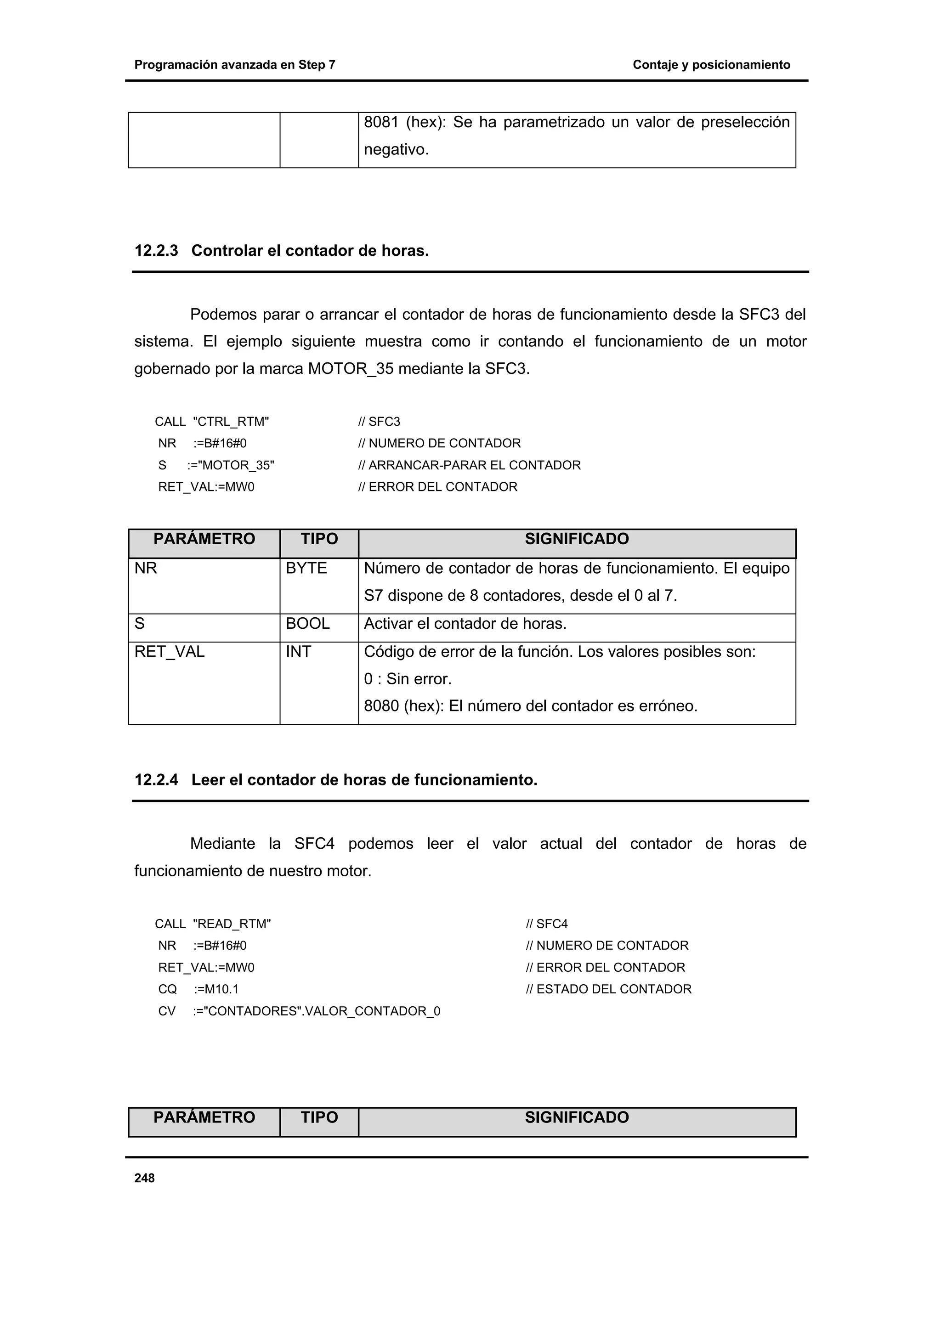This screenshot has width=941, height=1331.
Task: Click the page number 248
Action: [x=144, y=1178]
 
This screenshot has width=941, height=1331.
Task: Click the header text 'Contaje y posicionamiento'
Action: [x=711, y=65]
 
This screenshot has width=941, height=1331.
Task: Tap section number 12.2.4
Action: [x=156, y=780]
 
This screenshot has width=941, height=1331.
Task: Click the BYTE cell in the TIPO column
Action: [x=306, y=568]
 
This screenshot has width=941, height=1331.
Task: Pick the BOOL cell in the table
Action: [x=307, y=624]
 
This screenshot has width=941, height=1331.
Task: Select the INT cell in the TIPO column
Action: [x=298, y=652]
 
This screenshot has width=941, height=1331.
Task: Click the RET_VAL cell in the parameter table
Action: [x=169, y=652]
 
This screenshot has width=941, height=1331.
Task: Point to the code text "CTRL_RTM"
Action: [x=231, y=422]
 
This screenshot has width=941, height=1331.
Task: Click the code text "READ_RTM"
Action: [x=231, y=924]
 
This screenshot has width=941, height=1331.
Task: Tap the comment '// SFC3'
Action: [x=379, y=422]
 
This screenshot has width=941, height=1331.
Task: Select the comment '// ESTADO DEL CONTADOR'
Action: [x=608, y=989]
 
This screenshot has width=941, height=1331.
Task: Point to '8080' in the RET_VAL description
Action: [x=381, y=706]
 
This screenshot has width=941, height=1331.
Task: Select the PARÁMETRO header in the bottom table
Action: [x=204, y=1118]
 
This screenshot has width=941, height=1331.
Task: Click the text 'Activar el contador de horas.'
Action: [x=465, y=624]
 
